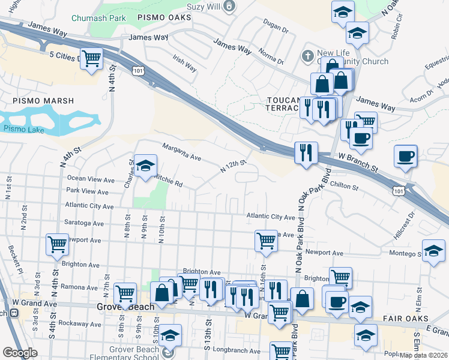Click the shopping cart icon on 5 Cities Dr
click(x=92, y=59)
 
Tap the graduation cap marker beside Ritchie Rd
click(x=145, y=166)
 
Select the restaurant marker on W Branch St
click(x=306, y=152)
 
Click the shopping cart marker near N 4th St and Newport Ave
click(x=57, y=244)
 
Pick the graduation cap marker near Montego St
click(x=433, y=250)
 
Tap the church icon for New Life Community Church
click(x=307, y=55)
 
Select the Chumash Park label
click(x=98, y=18)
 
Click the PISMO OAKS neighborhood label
click(x=164, y=18)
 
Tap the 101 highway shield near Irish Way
click(x=137, y=71)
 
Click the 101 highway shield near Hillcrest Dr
click(x=399, y=190)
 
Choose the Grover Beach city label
click(x=125, y=306)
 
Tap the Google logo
click(x=20, y=353)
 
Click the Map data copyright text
click(x=423, y=355)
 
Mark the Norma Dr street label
click(x=272, y=56)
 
